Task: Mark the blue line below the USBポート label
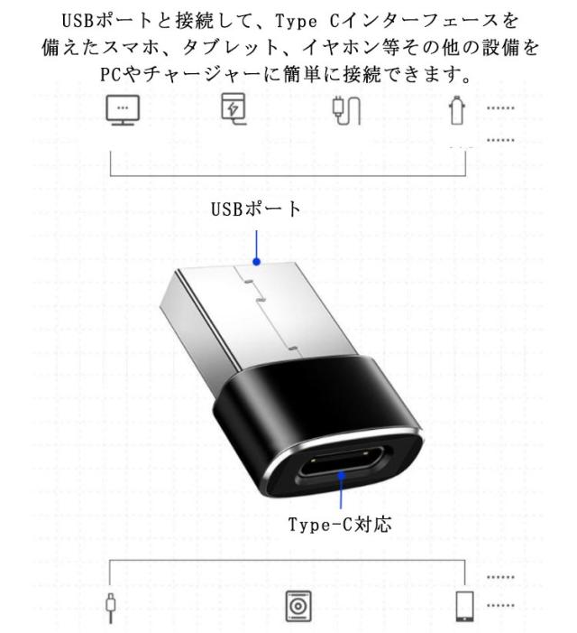click(x=257, y=242)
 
